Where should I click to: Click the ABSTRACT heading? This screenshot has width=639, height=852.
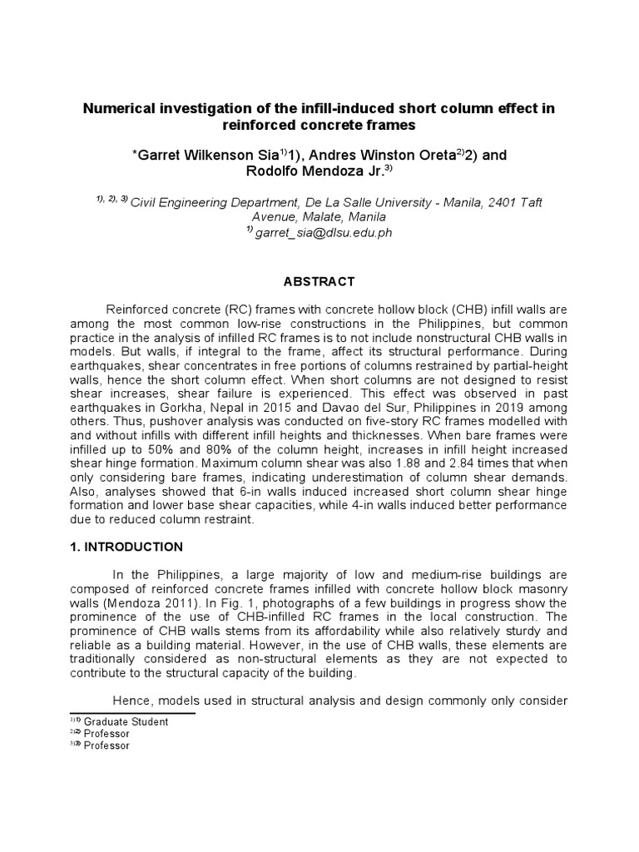click(319, 281)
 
